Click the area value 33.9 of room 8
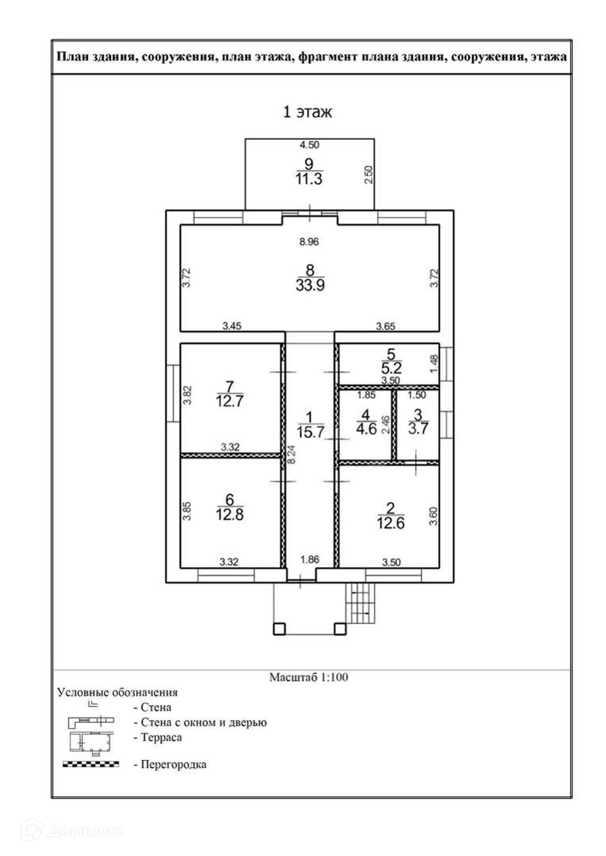(310, 285)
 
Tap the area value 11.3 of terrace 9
(309, 179)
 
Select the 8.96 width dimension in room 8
(309, 242)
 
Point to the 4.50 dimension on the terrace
(309, 145)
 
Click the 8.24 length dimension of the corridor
(291, 455)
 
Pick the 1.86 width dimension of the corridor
(310, 560)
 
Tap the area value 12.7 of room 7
(230, 401)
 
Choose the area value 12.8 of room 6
(230, 515)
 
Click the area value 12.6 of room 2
(391, 523)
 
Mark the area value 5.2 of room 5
(391, 368)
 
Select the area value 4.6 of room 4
(366, 428)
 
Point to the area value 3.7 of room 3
(418, 428)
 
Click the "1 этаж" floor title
(307, 112)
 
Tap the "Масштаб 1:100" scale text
(309, 677)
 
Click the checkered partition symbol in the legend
(91, 764)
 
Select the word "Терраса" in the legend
(162, 737)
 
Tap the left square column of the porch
(279, 629)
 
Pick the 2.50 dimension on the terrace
(369, 175)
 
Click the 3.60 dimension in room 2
(433, 516)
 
